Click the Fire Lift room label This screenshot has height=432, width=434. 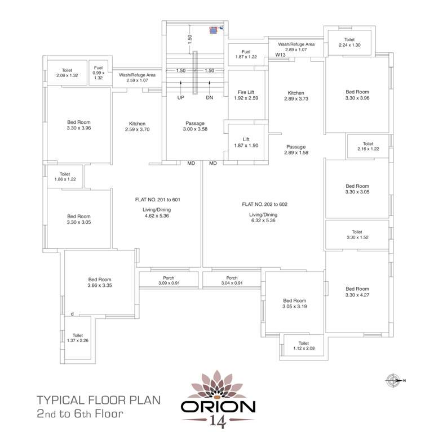tap(245, 94)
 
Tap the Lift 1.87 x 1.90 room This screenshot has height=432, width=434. tap(245, 142)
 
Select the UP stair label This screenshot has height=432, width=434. tap(180, 97)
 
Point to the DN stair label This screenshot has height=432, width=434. tap(209, 97)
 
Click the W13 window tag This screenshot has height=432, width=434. tap(280, 55)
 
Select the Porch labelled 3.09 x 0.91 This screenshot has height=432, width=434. tap(169, 280)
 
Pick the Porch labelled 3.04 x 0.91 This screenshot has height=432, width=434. tap(232, 280)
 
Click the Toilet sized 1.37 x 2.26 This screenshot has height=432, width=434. tap(78, 337)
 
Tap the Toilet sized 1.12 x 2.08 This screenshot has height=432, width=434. tap(303, 345)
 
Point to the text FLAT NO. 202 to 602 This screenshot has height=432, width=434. tap(264, 204)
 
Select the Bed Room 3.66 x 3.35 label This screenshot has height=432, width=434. tap(100, 282)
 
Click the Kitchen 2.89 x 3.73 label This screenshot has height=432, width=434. tap(296, 96)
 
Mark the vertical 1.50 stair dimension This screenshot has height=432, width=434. tap(191, 38)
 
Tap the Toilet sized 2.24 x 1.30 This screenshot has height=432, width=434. tap(349, 42)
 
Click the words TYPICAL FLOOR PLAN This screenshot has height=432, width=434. tap(99, 400)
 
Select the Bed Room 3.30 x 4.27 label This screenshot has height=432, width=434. tap(357, 291)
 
